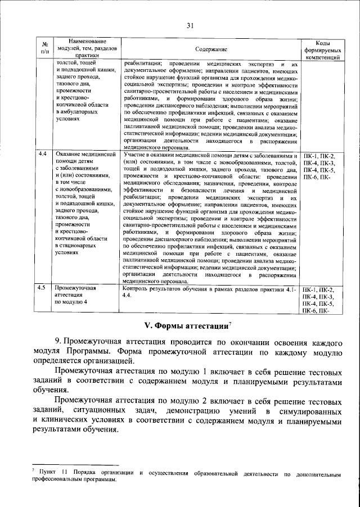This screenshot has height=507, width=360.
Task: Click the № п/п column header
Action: pos(44,49)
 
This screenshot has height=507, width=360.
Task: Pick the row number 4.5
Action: pos(42,288)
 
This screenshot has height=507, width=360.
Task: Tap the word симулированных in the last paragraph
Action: pos(309,410)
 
